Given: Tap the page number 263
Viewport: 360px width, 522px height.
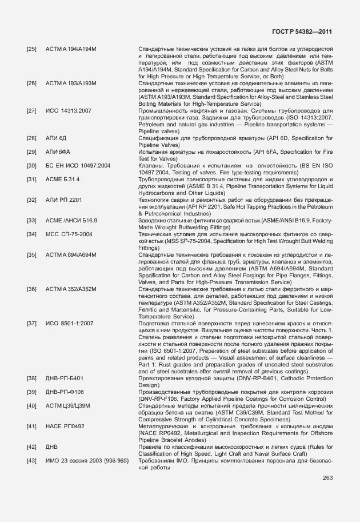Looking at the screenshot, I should coord(327,477).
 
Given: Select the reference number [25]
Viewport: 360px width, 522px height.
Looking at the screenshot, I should coord(32,50).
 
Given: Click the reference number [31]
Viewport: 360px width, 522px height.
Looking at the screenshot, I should coord(32,180).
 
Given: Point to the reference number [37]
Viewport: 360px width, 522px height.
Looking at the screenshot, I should coord(32,324).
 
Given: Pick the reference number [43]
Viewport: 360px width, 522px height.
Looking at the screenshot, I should coord(32,461).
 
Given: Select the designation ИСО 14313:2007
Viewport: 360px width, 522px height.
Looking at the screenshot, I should coord(69,111).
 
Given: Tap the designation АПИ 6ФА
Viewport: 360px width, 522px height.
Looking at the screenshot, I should coord(58,152).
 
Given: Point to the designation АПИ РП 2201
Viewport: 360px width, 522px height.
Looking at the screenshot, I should coord(63,200).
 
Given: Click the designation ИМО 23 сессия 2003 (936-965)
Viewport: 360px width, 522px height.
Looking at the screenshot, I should coord(87,461).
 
